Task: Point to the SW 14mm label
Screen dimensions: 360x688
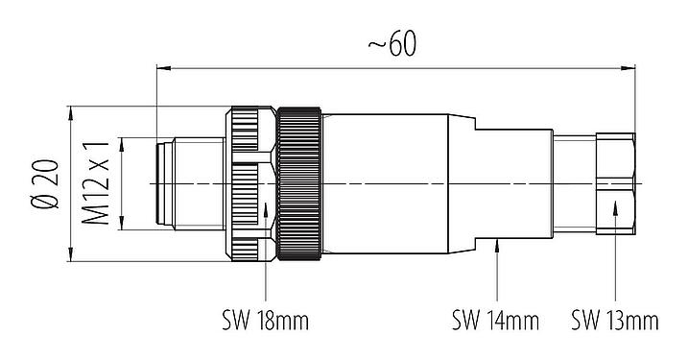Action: (494, 319)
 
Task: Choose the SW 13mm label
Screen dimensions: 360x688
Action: (614, 319)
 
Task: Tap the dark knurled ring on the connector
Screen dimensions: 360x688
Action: (299, 182)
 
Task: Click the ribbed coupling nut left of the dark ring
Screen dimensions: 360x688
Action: (249, 182)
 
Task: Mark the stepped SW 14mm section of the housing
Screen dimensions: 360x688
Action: (513, 182)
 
